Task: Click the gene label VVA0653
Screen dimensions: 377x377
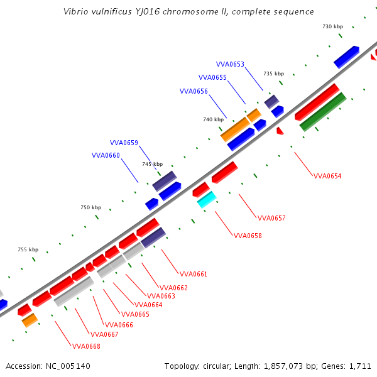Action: tap(230, 64)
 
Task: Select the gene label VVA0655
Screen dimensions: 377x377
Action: tap(212, 78)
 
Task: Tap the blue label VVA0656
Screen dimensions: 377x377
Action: tap(194, 92)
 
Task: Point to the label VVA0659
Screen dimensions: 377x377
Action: tap(124, 143)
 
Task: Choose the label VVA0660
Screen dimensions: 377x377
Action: tap(106, 156)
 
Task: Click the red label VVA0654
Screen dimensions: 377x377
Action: tap(327, 176)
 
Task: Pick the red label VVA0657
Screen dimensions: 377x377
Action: tap(271, 219)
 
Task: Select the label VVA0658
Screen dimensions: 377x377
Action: tap(248, 236)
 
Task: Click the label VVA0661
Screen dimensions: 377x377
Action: tap(194, 275)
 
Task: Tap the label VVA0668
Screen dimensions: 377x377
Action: tap(86, 346)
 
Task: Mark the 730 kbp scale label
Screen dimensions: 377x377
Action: tap(332, 27)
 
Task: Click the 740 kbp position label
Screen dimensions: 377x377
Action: tap(213, 119)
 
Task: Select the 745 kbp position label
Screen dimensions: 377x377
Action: tap(152, 165)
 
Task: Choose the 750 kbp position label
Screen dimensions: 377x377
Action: tap(90, 208)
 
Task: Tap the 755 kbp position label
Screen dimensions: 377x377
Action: tap(28, 250)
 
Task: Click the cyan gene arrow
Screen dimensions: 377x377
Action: tap(207, 200)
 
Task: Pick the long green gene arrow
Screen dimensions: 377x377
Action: tap(323, 111)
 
